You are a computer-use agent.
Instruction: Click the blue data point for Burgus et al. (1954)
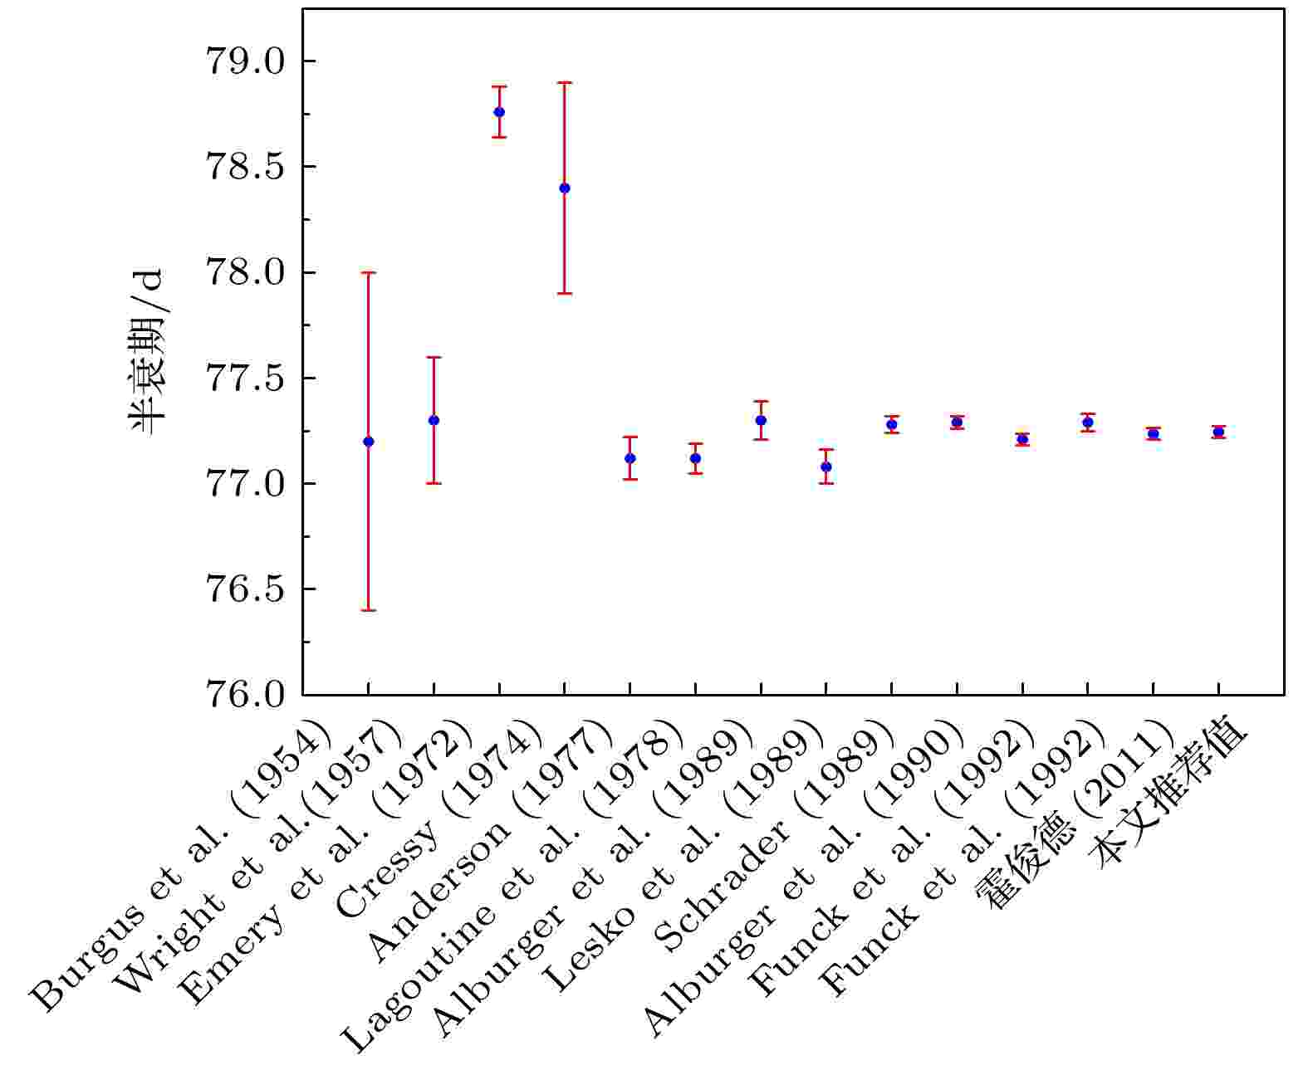pyautogui.click(x=368, y=442)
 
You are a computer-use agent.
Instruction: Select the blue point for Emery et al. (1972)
pyautogui.click(x=499, y=112)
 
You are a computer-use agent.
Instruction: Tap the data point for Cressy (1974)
pyautogui.click(x=565, y=188)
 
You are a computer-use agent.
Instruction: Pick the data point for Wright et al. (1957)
pyautogui.click(x=434, y=420)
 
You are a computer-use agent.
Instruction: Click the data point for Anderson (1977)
pyautogui.click(x=630, y=458)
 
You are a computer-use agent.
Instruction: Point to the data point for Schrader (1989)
pyautogui.click(x=891, y=424)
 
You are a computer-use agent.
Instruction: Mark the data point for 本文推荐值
pyautogui.click(x=1218, y=432)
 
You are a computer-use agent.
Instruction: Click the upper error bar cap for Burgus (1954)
pyautogui.click(x=368, y=272)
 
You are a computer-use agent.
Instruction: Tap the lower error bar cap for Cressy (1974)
pyautogui.click(x=565, y=293)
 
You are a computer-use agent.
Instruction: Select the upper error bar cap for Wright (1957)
pyautogui.click(x=434, y=357)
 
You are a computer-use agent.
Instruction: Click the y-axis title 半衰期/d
pyautogui.click(x=149, y=353)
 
